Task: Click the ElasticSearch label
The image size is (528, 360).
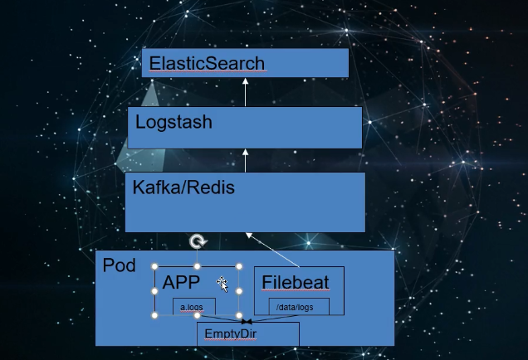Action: coord(207,63)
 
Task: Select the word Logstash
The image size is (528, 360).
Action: coord(174,123)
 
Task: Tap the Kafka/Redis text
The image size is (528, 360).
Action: coord(183,187)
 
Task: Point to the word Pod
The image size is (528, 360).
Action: coord(120,265)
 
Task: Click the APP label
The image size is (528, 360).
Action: coord(181,282)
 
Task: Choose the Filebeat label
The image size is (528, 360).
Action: coord(296,282)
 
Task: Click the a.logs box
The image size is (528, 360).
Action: coord(194,307)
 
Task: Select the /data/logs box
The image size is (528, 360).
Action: coord(299,307)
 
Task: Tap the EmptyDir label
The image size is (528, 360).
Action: coord(231,333)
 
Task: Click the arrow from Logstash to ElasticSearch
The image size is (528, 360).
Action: coord(246,92)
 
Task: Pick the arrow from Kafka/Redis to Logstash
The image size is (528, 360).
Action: coord(246,160)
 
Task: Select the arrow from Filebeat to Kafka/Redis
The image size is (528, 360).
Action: coord(273,250)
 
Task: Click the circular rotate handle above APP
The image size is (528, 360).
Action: coord(198,241)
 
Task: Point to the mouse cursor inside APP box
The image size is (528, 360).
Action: coord(222,285)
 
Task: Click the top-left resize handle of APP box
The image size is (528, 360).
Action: coord(154,266)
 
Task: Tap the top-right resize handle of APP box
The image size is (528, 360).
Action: coord(239,266)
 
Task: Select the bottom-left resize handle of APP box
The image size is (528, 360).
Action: coord(154,315)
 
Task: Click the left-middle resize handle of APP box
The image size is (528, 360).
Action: coord(154,291)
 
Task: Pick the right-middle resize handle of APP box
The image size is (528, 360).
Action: coord(239,291)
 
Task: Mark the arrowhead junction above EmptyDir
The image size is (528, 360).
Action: coord(247,322)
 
